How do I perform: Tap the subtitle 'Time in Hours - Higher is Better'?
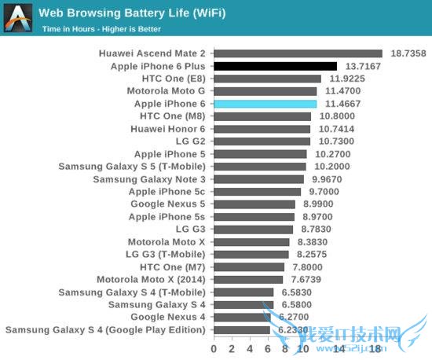[101, 29]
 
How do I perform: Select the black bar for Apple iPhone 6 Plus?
[275, 67]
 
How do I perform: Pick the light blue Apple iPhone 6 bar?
[265, 104]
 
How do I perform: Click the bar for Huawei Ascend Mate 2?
[298, 54]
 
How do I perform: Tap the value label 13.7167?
[362, 67]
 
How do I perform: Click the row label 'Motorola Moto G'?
[166, 91]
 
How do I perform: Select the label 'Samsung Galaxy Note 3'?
[149, 179]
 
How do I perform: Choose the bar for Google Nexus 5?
[254, 204]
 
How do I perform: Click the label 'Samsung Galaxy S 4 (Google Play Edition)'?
[105, 330]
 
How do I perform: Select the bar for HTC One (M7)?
[249, 267]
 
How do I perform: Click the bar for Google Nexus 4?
[242, 318]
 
